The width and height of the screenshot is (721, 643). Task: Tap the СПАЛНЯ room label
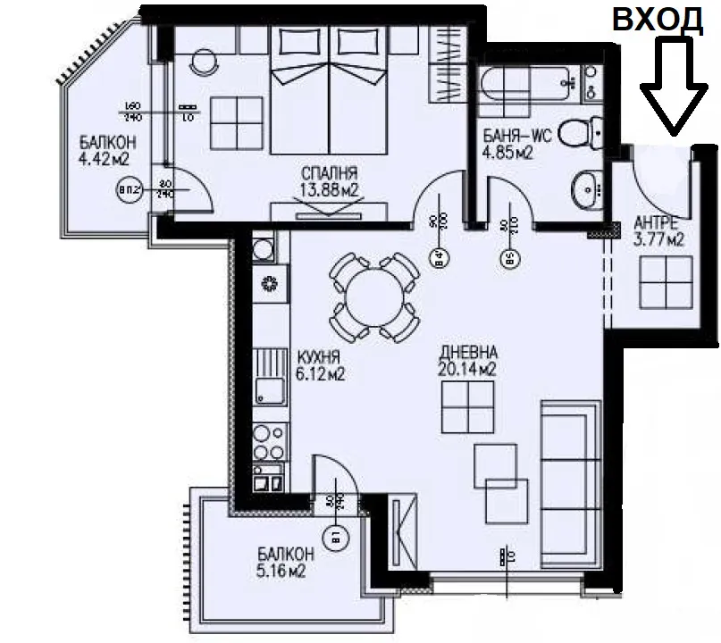pyautogui.click(x=330, y=173)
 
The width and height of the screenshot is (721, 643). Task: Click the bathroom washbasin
pyautogui.click(x=586, y=187)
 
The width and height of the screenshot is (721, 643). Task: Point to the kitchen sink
pyautogui.click(x=267, y=388)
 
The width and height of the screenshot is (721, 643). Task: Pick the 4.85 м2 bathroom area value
pyautogui.click(x=507, y=153)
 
